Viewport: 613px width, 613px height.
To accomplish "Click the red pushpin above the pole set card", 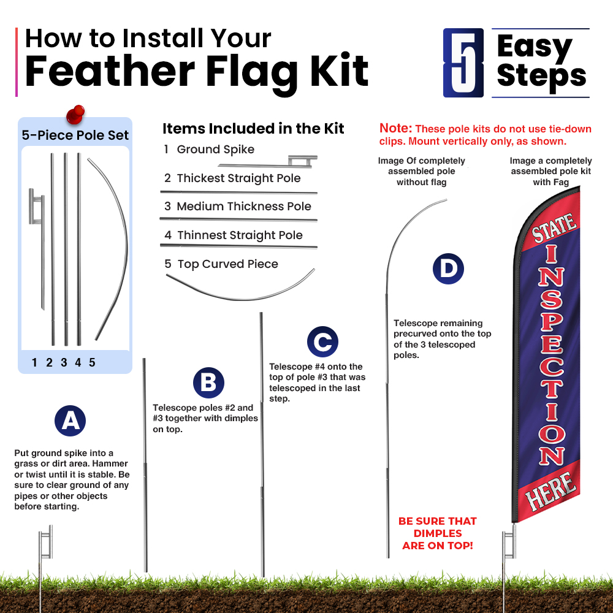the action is (75, 115).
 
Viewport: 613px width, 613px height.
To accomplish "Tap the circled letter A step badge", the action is (70, 421).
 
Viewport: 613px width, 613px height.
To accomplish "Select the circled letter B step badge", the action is (208, 383).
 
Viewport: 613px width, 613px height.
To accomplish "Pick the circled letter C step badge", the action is (322, 341).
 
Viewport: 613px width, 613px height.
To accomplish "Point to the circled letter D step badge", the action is (448, 268).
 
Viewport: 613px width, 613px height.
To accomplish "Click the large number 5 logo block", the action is (463, 63).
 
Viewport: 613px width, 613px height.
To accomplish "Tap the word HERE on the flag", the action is (551, 491).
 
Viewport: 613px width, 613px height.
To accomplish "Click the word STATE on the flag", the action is (554, 227).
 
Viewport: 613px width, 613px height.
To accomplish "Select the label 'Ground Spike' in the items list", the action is (215, 150).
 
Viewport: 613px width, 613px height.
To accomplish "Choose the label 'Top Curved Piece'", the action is (227, 264).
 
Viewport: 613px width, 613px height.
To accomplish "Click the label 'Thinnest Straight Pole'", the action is (240, 235).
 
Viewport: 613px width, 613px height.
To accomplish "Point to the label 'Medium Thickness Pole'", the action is (244, 206).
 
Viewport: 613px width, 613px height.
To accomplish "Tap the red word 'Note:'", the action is (395, 128).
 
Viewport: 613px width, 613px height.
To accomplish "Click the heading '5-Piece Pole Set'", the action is (75, 135).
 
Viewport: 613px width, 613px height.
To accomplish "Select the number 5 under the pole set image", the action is (93, 362).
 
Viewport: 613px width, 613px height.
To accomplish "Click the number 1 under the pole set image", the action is (34, 362).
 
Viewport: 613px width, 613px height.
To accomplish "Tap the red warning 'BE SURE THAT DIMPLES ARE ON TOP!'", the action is (438, 533).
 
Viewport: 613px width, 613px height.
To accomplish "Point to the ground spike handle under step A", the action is (46, 542).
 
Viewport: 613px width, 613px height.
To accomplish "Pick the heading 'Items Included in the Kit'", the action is (253, 129).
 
